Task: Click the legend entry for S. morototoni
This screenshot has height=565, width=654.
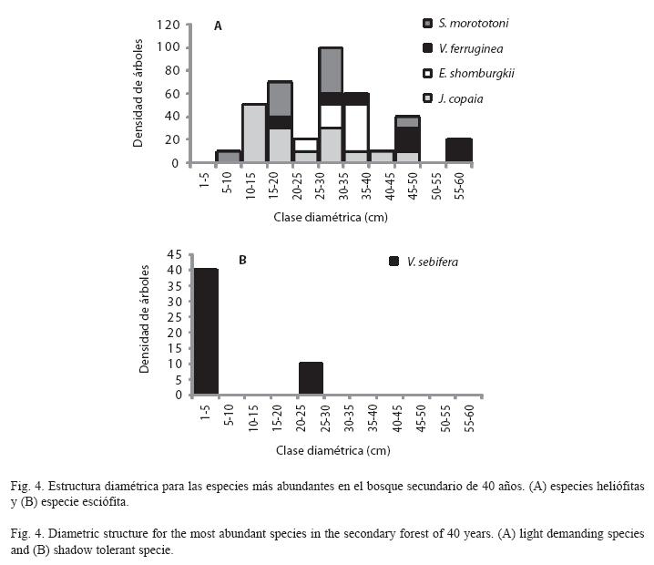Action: (x=465, y=23)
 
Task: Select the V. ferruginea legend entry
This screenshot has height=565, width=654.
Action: (x=463, y=48)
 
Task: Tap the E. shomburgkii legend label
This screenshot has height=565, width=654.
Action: (x=476, y=74)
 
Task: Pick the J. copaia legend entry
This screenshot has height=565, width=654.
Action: (x=453, y=99)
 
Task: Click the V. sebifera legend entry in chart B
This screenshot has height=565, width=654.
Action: (x=424, y=262)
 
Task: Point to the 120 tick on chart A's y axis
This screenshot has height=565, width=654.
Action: (x=169, y=25)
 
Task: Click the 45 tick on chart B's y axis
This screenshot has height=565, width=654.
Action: (x=174, y=254)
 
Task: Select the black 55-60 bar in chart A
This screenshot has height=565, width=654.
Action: (x=459, y=150)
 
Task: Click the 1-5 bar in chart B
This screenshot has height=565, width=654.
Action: (x=206, y=332)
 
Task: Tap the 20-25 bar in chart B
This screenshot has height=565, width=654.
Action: (x=311, y=378)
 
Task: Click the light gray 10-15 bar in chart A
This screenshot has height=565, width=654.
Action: (x=254, y=133)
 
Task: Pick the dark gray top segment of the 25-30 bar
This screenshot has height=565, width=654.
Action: (x=331, y=69)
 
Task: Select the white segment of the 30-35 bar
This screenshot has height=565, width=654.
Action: (x=356, y=128)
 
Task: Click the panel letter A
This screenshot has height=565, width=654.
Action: (x=218, y=26)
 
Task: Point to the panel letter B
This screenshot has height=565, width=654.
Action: (x=242, y=260)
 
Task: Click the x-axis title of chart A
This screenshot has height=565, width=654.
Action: (x=331, y=217)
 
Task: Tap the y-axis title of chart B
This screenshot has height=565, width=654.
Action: (x=144, y=319)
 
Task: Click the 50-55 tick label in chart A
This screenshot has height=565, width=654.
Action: (x=436, y=187)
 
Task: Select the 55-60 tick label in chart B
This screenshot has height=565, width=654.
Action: (x=469, y=418)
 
